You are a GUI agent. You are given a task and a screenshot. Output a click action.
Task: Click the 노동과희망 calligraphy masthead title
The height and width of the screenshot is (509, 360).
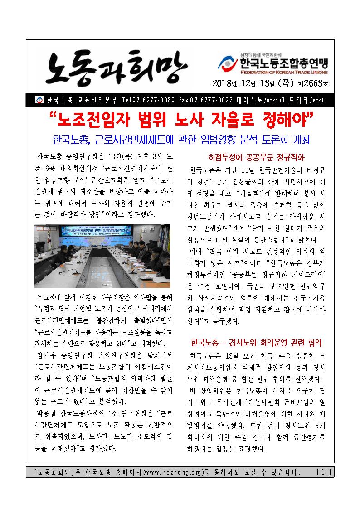click(x=111, y=68)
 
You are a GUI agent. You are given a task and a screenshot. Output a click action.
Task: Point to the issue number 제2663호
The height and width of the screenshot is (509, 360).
click(x=315, y=84)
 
